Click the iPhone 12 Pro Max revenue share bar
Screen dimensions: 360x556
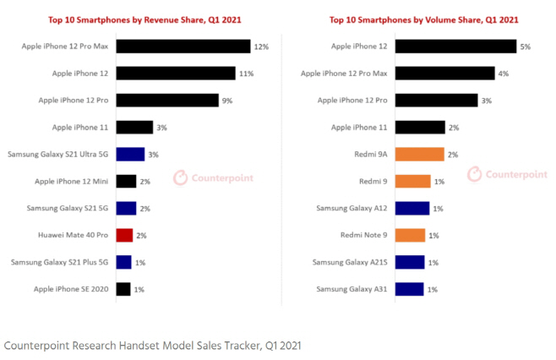tap(183, 46)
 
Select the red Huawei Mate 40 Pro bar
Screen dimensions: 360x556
tap(125, 235)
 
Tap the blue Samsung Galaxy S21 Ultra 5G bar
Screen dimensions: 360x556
tap(130, 154)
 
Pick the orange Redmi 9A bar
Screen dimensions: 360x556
tap(419, 154)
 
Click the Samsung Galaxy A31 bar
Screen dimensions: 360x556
tap(409, 289)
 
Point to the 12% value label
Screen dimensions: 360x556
tap(261, 46)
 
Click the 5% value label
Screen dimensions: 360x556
tap(525, 46)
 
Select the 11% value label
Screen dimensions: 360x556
tap(247, 74)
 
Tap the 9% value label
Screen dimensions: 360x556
tap(228, 101)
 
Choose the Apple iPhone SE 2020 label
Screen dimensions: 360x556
tap(71, 289)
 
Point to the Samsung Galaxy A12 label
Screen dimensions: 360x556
tap(352, 208)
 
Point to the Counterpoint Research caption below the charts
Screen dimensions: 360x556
tap(152, 345)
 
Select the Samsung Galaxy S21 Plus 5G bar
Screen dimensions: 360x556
tap(123, 262)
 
